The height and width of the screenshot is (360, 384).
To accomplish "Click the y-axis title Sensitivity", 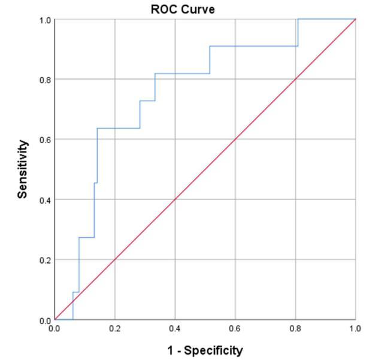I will [x=23, y=170].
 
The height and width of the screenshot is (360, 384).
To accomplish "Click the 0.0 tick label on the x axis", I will [x=55, y=329].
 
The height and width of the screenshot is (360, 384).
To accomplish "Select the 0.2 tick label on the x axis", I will [x=115, y=329].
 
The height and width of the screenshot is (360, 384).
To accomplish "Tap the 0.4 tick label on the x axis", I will [x=176, y=329].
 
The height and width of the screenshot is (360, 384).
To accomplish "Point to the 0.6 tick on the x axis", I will [x=235, y=329].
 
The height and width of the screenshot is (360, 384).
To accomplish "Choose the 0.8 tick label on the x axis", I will [x=296, y=329].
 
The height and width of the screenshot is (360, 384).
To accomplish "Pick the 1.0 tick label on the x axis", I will [x=356, y=329].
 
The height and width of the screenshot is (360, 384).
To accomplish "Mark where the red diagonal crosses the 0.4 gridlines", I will [x=176, y=199].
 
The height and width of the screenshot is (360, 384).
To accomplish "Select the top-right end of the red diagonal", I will [x=356, y=19].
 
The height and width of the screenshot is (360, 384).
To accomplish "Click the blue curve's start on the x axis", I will [x=72, y=319].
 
